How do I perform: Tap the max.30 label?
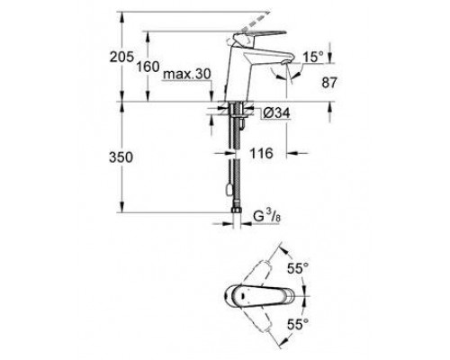[186, 76]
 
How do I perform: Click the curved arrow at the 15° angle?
[290, 76]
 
